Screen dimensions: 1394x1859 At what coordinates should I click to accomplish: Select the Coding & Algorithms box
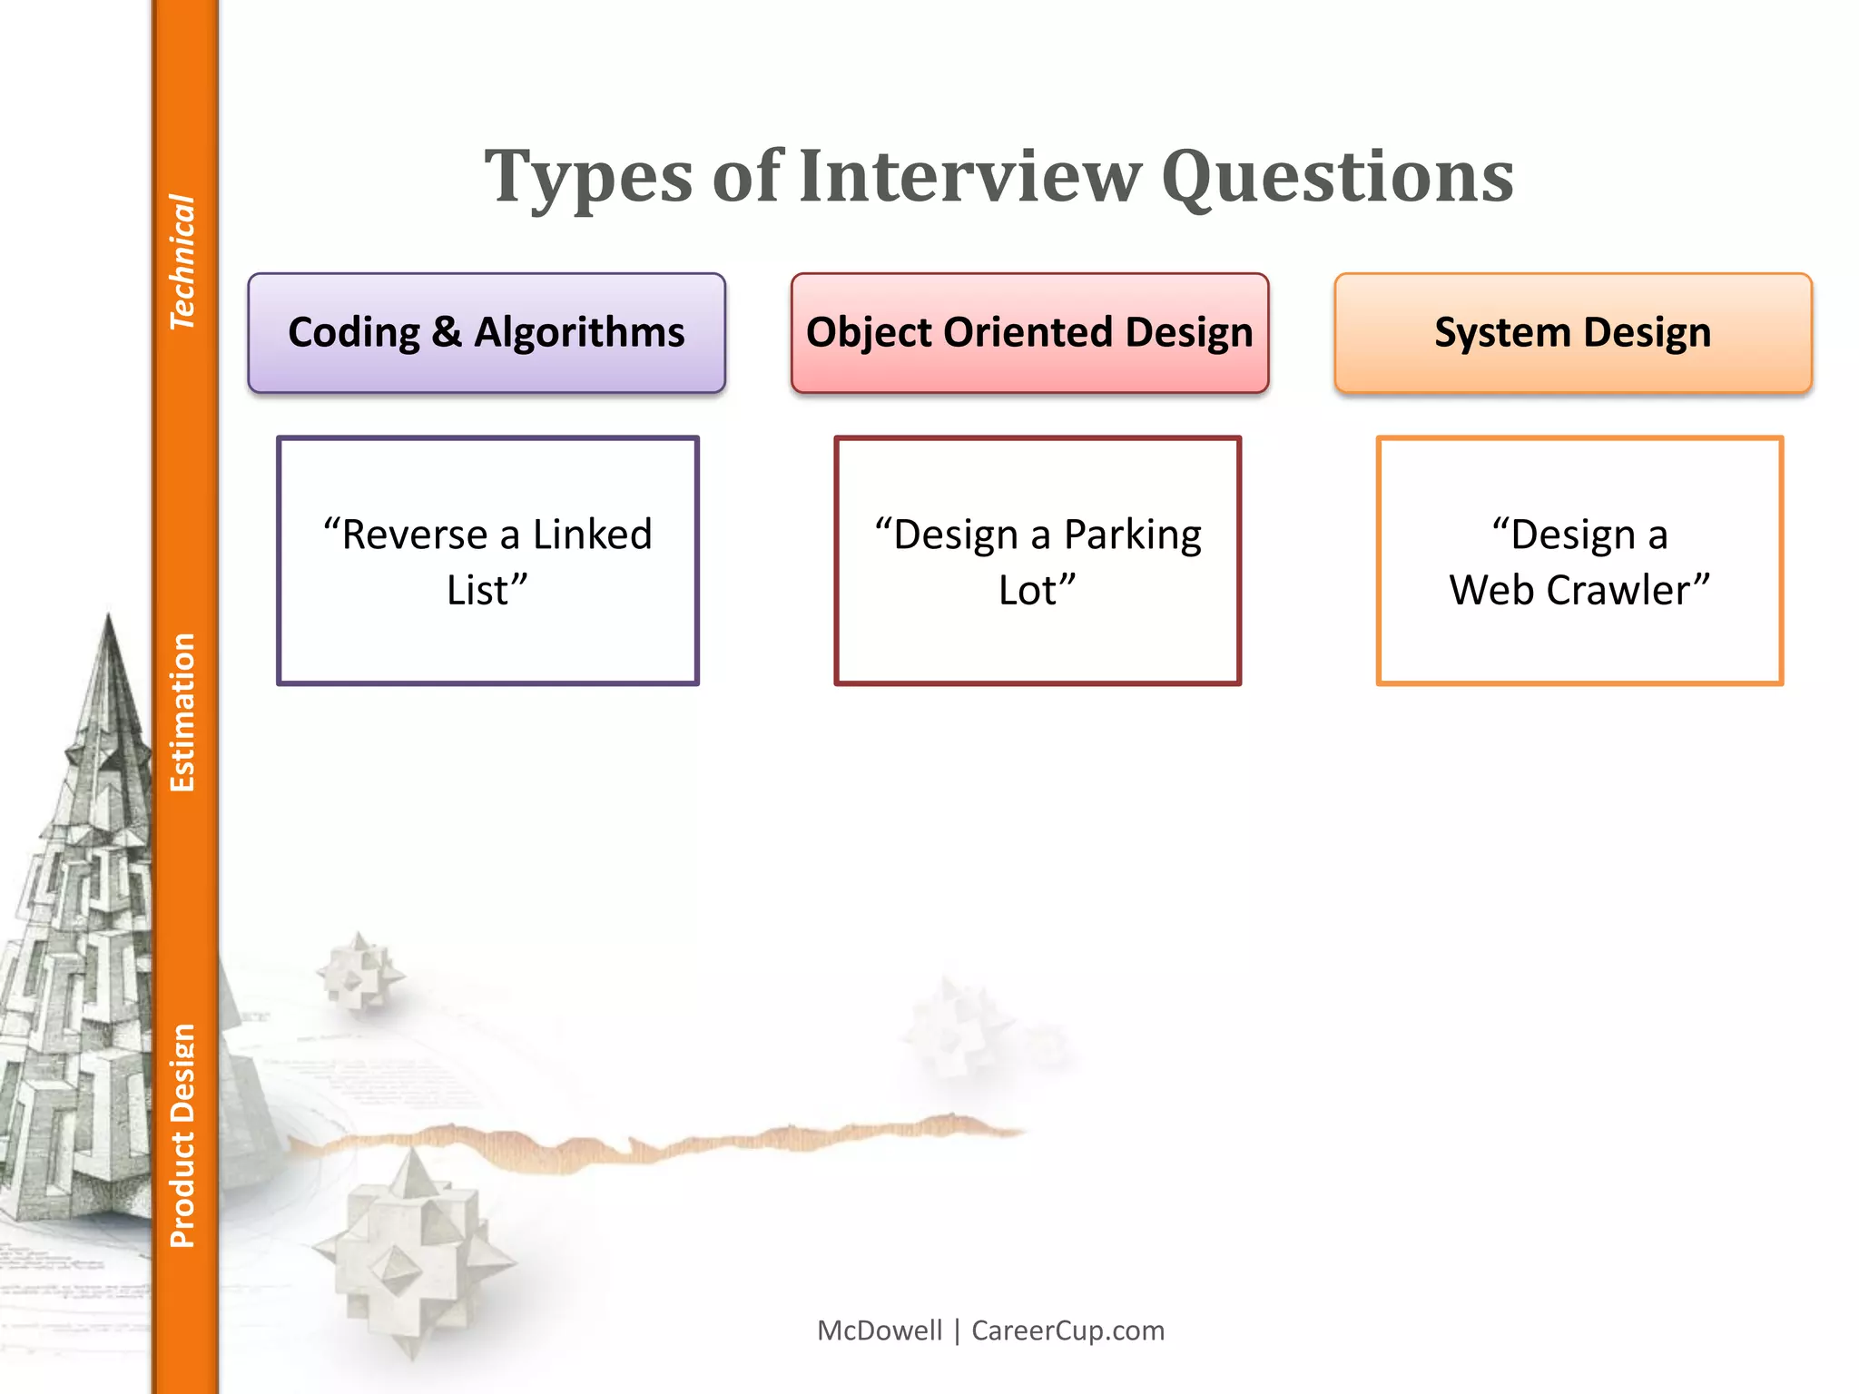[487, 333]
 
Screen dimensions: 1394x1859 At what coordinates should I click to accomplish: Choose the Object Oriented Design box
[1029, 333]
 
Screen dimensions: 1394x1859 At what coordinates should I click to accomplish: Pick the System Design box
[1572, 333]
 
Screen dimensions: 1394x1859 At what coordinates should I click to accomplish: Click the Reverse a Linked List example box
[487, 561]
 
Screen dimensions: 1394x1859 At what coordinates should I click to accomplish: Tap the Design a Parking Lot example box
[1038, 561]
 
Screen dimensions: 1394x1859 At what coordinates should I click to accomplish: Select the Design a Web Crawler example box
[1579, 561]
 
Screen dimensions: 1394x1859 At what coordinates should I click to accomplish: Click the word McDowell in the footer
[880, 1330]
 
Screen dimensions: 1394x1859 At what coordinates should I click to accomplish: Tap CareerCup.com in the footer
[1067, 1330]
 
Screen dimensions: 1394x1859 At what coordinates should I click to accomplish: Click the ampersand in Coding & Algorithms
[446, 333]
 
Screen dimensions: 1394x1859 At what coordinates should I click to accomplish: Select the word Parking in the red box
[1132, 535]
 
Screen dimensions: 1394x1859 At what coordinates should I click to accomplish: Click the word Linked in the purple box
[592, 535]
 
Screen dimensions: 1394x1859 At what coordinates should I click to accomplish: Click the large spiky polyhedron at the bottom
[413, 1248]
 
